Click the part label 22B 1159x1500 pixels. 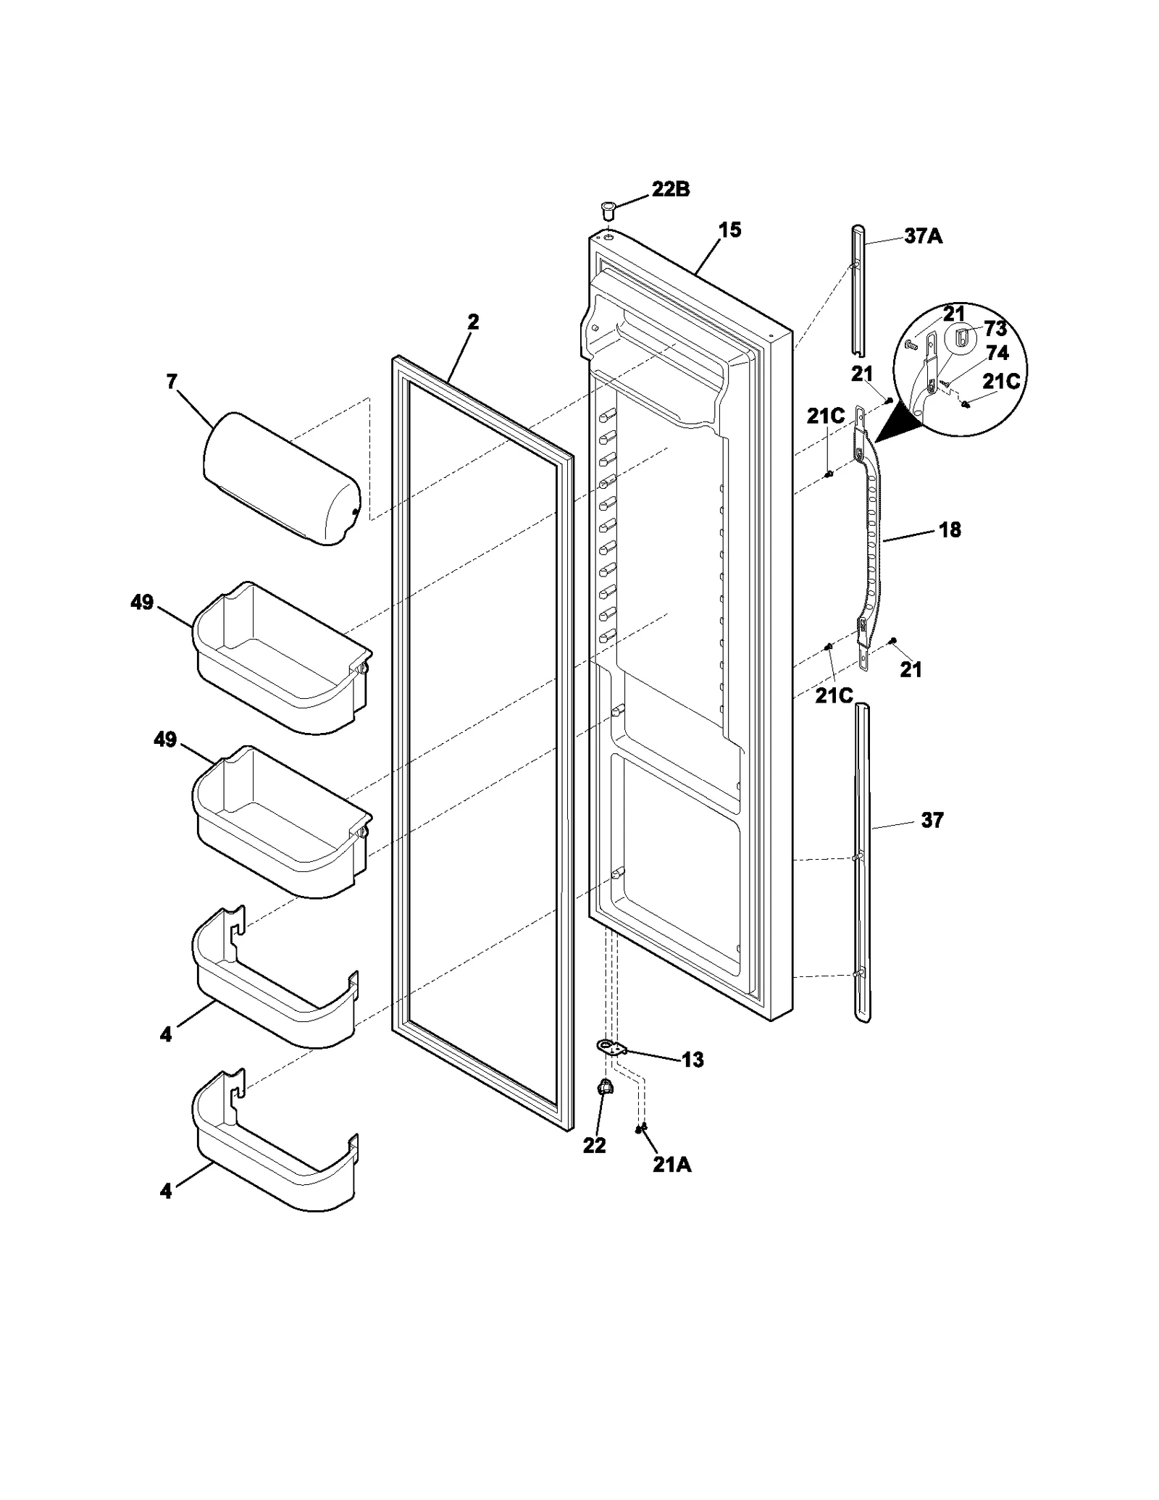[x=670, y=190]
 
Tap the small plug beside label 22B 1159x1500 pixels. [x=607, y=211]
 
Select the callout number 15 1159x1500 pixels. [x=729, y=230]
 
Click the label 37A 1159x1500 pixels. [x=923, y=236]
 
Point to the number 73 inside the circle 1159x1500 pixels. [x=995, y=329]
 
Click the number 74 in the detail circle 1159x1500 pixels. [x=997, y=353]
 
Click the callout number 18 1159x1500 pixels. [x=950, y=529]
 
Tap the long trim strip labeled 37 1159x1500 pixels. [x=862, y=862]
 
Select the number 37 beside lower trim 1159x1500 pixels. [x=932, y=820]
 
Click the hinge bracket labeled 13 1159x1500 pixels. [x=611, y=1047]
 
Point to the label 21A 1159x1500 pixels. [x=671, y=1165]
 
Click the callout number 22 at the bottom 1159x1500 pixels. [x=594, y=1146]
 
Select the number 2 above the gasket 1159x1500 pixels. [x=472, y=322]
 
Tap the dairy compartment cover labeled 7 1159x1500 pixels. [x=281, y=478]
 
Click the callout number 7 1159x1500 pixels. [x=172, y=382]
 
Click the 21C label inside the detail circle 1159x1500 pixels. [x=1001, y=382]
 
